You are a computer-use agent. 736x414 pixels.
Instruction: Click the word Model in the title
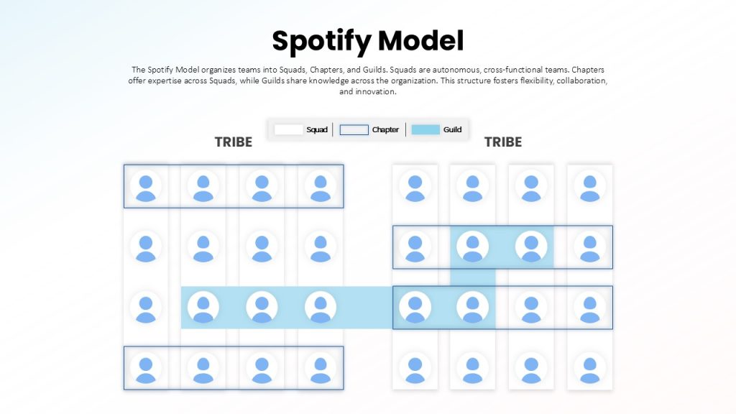click(x=421, y=40)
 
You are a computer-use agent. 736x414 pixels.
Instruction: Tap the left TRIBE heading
click(x=234, y=142)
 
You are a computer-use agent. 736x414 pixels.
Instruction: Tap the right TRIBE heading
click(x=502, y=142)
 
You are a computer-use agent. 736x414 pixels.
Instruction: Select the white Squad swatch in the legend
click(x=289, y=129)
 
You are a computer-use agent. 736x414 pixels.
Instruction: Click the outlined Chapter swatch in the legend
click(x=354, y=129)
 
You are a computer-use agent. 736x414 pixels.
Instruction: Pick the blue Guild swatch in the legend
click(x=425, y=129)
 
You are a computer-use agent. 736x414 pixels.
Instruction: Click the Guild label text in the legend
click(x=453, y=129)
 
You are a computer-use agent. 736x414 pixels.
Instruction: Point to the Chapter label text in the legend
click(x=385, y=129)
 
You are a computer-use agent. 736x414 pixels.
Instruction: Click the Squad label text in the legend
click(x=317, y=129)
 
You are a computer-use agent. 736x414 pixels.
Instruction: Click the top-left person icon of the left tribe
click(x=146, y=186)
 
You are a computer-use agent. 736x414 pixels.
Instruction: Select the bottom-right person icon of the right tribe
click(x=589, y=368)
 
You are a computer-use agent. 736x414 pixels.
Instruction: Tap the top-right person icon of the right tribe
click(x=589, y=186)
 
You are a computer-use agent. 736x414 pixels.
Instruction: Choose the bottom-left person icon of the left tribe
click(x=146, y=368)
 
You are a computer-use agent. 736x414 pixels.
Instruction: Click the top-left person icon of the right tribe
click(x=415, y=186)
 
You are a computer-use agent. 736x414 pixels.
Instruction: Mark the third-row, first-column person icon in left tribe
click(x=146, y=308)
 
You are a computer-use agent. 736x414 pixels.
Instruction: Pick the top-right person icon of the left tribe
click(x=321, y=186)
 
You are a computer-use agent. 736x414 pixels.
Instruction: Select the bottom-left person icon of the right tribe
click(x=415, y=368)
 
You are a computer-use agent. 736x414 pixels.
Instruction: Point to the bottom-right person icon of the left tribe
click(x=321, y=368)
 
